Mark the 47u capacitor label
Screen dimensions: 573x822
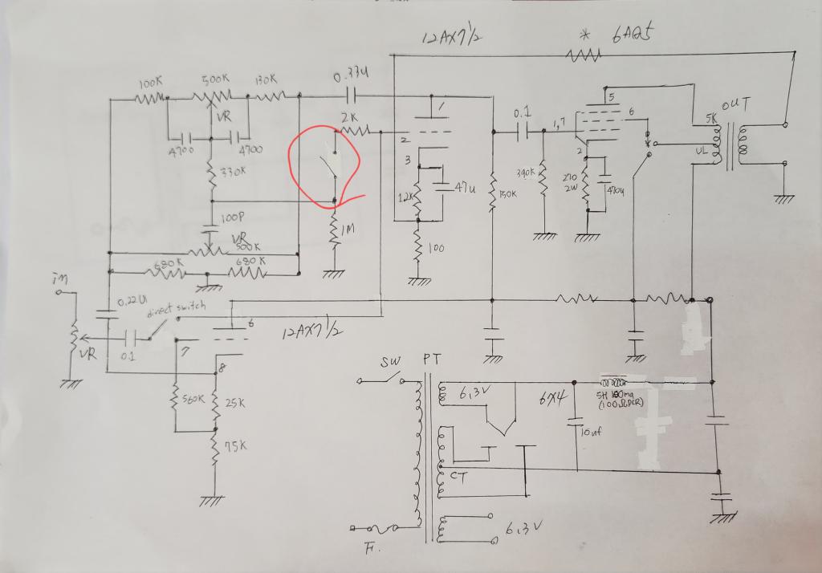click(x=463, y=188)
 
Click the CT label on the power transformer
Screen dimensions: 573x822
click(x=458, y=477)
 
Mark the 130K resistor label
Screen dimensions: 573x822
click(x=267, y=81)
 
